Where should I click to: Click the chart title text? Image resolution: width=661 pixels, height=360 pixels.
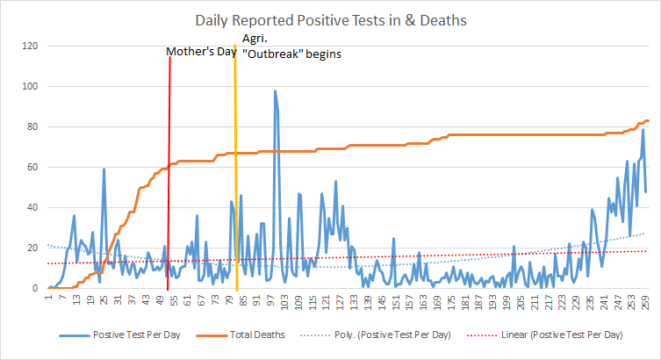(x=329, y=20)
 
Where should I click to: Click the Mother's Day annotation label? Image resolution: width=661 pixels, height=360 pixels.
(x=203, y=53)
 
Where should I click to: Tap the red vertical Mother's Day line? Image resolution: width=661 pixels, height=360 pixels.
(x=169, y=176)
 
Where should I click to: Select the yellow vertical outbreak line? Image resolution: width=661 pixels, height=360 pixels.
(x=235, y=176)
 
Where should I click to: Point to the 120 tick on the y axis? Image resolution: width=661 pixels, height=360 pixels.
(x=31, y=46)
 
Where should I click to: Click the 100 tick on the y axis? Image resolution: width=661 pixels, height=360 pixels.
(x=31, y=86)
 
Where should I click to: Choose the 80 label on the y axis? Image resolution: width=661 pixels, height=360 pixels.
(x=32, y=126)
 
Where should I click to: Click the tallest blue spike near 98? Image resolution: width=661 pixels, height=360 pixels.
(x=275, y=91)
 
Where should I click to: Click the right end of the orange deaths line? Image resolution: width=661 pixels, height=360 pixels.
(x=647, y=120)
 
